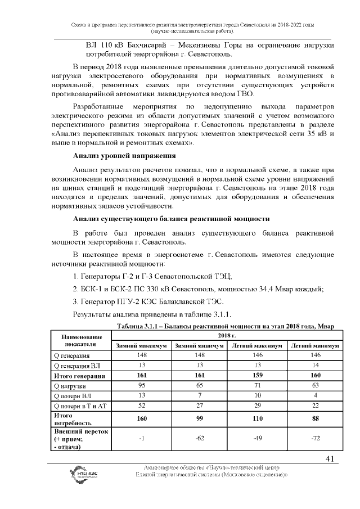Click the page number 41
click(330, 459)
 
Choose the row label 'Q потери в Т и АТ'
click(78, 407)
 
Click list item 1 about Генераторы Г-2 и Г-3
click(153, 277)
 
